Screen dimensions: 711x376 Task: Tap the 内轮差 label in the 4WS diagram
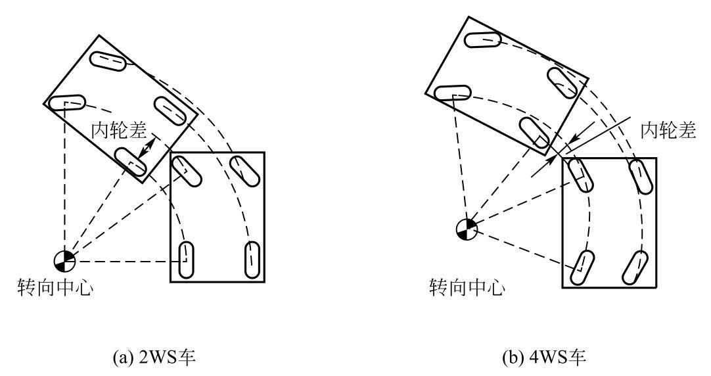click(x=668, y=131)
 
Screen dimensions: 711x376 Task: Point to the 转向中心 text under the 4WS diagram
click(x=467, y=287)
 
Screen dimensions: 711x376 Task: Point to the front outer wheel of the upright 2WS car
click(x=242, y=173)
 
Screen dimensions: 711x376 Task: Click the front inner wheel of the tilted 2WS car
click(x=68, y=103)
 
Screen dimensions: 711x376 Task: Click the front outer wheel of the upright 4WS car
click(x=639, y=176)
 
